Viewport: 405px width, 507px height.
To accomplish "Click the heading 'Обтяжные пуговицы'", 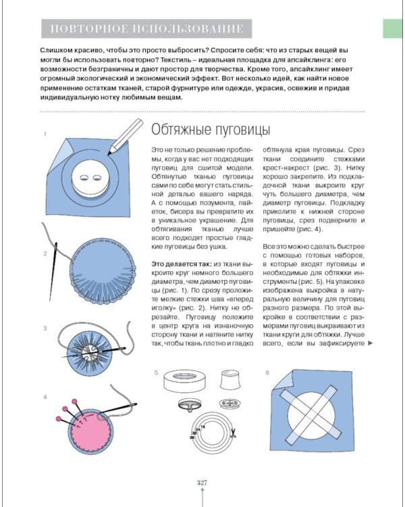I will click(210, 130).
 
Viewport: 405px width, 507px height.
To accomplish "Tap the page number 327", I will click(202, 482).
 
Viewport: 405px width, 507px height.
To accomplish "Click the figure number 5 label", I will click(156, 372).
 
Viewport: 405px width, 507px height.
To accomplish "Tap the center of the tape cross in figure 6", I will click(314, 414).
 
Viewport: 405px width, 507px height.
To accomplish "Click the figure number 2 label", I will click(45, 254).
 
